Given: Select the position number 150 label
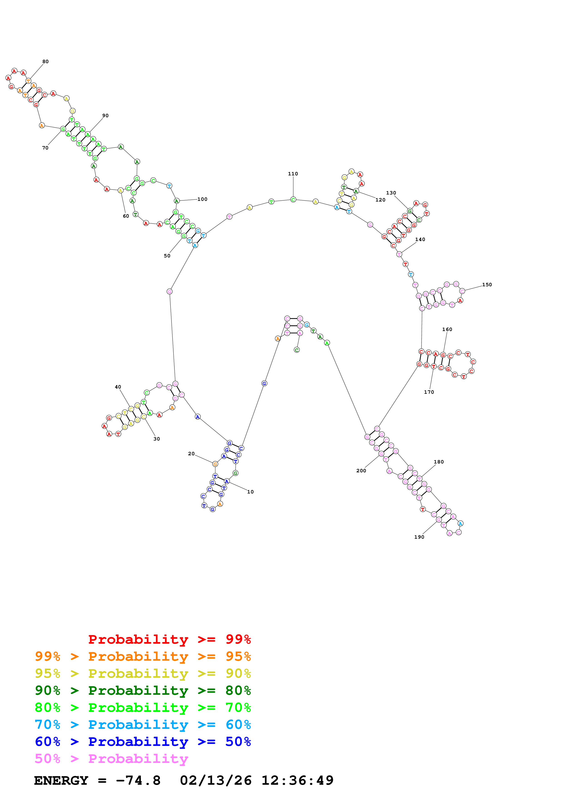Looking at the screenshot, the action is [487, 285].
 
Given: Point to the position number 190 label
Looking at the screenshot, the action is [419, 537].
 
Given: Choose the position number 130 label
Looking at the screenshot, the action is [391, 193].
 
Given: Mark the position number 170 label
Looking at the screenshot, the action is [429, 392].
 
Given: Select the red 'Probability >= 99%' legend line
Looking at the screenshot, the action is [169, 639].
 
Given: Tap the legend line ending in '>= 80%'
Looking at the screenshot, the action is [143, 690].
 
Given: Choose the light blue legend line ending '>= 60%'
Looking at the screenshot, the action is [143, 725].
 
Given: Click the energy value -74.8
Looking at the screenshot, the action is [138, 781].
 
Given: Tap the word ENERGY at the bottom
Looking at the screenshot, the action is [61, 781].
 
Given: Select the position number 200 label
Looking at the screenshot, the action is [361, 471].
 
